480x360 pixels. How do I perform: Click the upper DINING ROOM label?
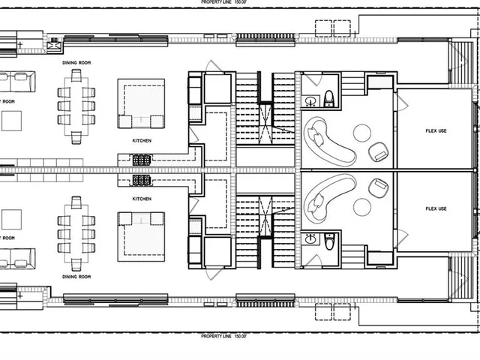77,64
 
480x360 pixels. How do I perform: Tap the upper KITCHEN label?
141,141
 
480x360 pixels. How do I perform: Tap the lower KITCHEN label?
141,199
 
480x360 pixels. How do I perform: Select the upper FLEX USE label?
436,131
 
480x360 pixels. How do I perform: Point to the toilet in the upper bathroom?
328,98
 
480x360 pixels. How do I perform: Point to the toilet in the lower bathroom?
328,241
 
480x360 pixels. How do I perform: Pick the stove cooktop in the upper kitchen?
141,159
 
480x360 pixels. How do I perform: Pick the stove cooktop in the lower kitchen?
141,180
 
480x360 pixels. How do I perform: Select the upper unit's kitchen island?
141,105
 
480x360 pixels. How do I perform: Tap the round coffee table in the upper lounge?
362,133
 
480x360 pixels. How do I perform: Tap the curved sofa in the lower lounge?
328,190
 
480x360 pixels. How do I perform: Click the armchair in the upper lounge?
379,152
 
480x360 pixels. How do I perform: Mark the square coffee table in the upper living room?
10,120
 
